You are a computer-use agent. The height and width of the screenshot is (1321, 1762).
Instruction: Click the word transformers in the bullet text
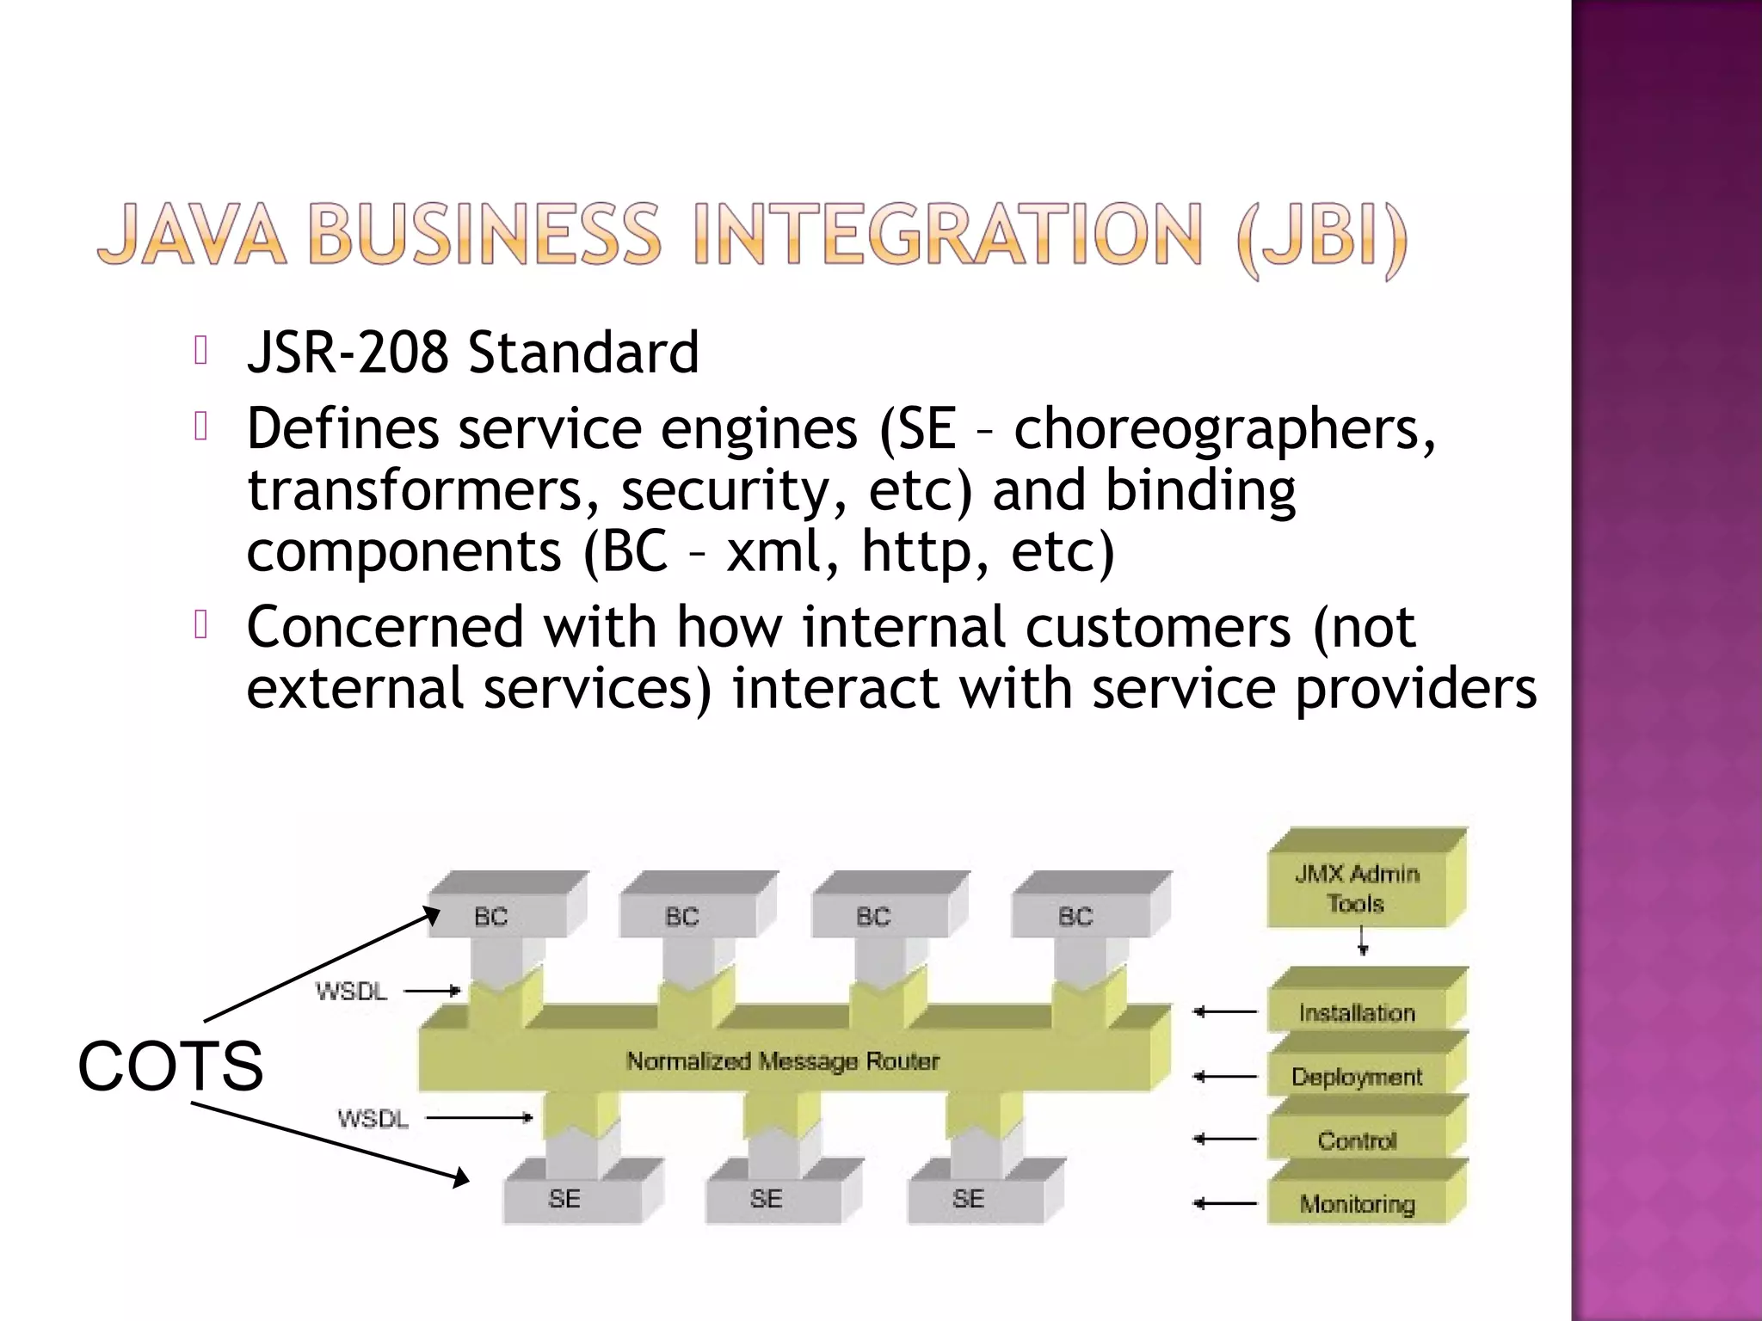pyautogui.click(x=422, y=490)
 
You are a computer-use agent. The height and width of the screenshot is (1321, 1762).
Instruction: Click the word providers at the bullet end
pyautogui.click(x=1415, y=689)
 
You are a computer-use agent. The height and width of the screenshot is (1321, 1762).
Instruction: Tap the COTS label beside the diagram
pyautogui.click(x=170, y=1066)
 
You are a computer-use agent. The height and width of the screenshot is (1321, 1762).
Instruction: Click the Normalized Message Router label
pyautogui.click(x=782, y=1061)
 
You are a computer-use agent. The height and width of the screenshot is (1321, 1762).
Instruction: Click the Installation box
pyautogui.click(x=1357, y=1012)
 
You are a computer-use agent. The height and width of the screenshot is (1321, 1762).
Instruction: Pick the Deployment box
pyautogui.click(x=1357, y=1077)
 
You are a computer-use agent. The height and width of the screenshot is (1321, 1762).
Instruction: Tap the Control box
pyautogui.click(x=1357, y=1140)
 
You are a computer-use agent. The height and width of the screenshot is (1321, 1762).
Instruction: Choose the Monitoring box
pyautogui.click(x=1357, y=1204)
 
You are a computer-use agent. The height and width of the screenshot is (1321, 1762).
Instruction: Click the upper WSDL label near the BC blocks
pyautogui.click(x=352, y=992)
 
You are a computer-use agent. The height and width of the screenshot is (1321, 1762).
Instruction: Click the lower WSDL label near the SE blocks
pyautogui.click(x=373, y=1119)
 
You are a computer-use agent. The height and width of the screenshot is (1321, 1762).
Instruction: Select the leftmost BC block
pyautogui.click(x=491, y=917)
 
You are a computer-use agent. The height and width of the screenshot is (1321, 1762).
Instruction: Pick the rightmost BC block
pyautogui.click(x=1075, y=917)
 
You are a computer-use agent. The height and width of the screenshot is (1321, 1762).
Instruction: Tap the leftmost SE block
pyautogui.click(x=564, y=1198)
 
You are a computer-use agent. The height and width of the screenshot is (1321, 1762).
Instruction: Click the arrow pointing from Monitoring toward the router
pyautogui.click(x=1225, y=1204)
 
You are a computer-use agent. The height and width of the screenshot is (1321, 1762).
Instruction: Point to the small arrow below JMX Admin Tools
pyautogui.click(x=1363, y=942)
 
